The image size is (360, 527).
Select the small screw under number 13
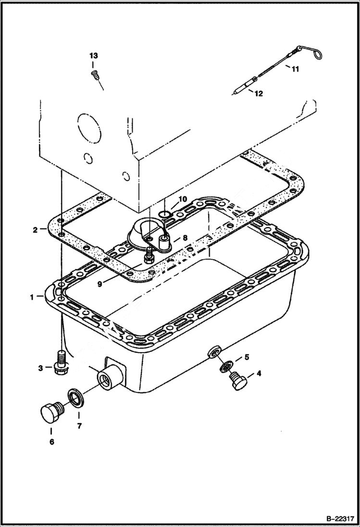[x=94, y=74]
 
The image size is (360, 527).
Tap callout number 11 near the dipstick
[x=295, y=69]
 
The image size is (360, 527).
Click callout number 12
[x=259, y=94]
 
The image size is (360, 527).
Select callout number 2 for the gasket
[x=35, y=230]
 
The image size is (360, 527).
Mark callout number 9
[x=99, y=284]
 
